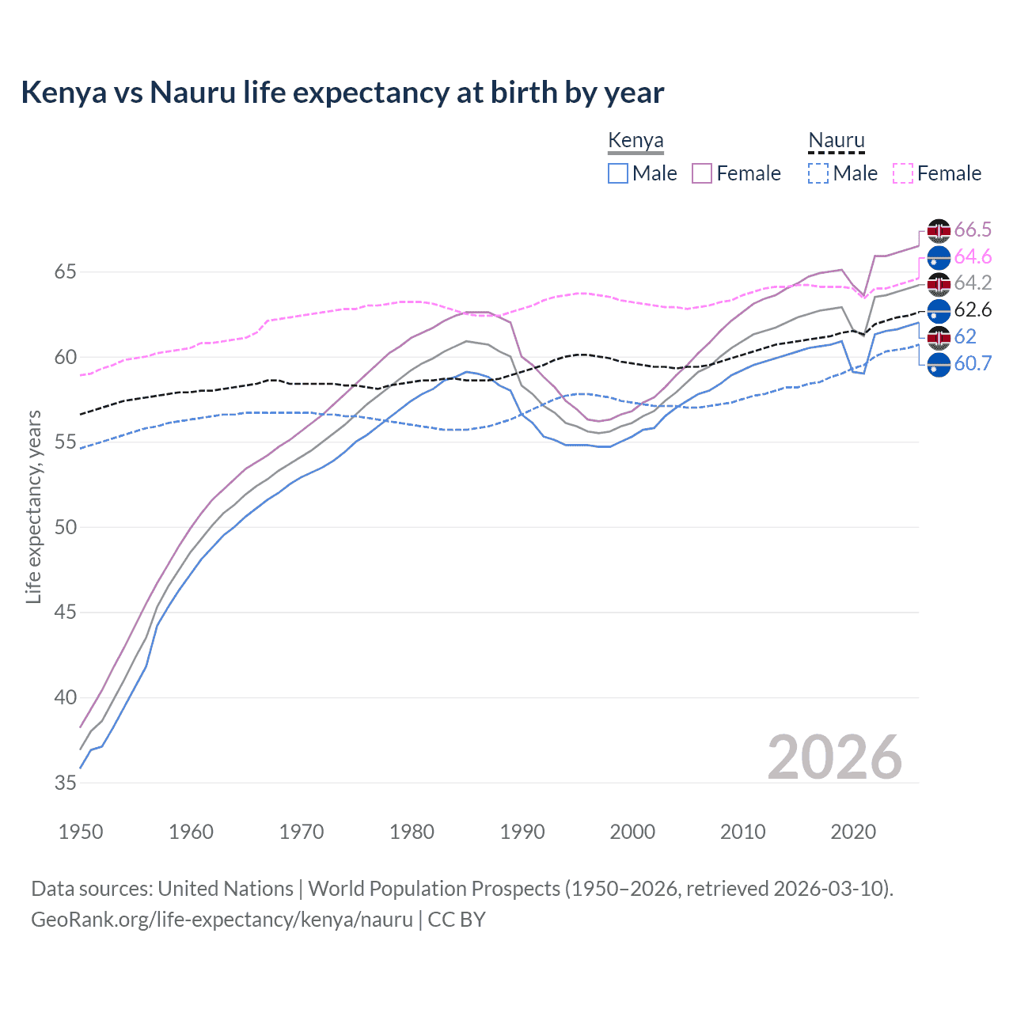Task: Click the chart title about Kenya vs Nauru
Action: pos(342,93)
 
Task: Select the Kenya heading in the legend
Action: pos(635,140)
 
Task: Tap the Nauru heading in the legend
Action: pos(836,140)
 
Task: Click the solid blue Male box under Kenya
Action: pos(618,173)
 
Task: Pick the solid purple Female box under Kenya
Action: pos(702,173)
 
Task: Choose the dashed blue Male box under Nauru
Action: pos(818,173)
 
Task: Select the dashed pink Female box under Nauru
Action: pos(902,173)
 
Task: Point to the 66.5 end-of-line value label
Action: pos(973,230)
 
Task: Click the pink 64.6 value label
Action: pos(973,257)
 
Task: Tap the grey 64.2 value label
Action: pos(973,283)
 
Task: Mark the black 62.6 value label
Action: pos(973,310)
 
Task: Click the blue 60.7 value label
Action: pos(973,364)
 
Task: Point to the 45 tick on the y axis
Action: pos(66,613)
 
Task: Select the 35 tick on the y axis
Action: pos(66,783)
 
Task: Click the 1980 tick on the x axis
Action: pos(412,832)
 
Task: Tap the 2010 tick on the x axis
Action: pos(742,832)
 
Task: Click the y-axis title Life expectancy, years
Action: pos(34,506)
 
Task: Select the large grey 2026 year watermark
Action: pos(834,757)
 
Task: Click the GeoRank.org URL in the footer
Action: pos(222,920)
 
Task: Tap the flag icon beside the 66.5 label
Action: pos(939,230)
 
